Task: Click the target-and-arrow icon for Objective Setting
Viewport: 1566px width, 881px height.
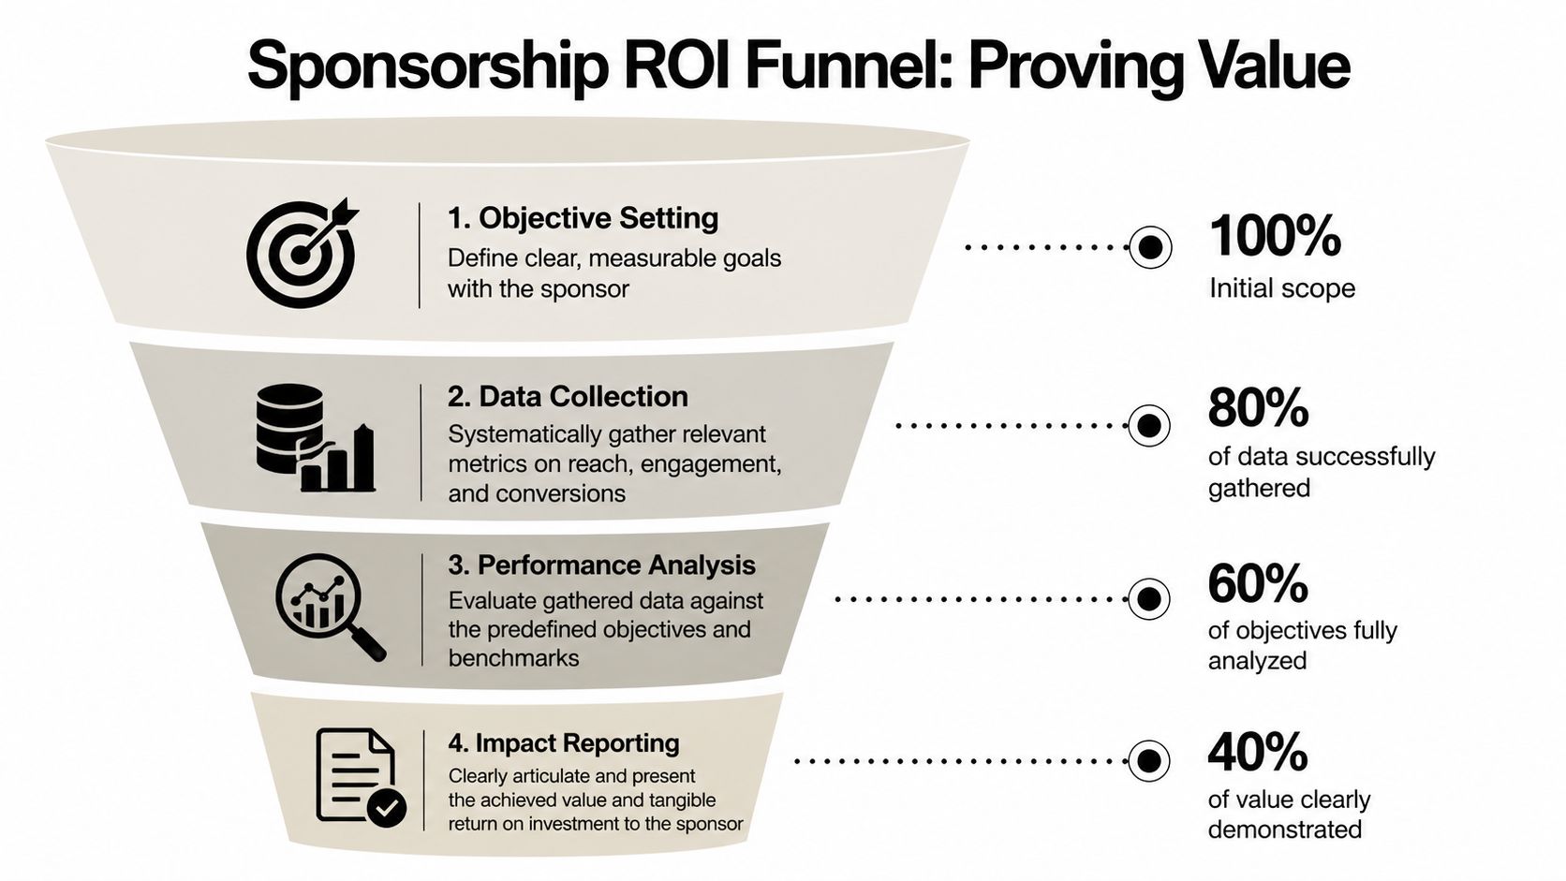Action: click(x=302, y=253)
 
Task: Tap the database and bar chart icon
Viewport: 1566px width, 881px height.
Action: click(x=315, y=438)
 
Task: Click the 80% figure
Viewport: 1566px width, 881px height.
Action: click(x=1258, y=408)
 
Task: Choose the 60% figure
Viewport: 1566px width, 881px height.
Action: click(x=1257, y=583)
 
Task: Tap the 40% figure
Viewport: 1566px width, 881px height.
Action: click(x=1257, y=752)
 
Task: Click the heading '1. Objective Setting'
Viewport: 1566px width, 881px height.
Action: click(x=583, y=218)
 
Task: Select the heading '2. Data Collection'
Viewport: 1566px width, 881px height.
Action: click(x=568, y=396)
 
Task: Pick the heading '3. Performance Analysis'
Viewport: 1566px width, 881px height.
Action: click(x=601, y=565)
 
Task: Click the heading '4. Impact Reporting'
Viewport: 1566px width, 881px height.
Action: click(x=564, y=742)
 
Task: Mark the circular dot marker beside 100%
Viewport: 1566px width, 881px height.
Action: click(x=1150, y=247)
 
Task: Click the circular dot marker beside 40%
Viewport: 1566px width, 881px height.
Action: click(x=1148, y=760)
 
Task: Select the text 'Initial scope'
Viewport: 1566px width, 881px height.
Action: click(x=1281, y=287)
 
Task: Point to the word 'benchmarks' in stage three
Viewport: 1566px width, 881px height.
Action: click(x=513, y=658)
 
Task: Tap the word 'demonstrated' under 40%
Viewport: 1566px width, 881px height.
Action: click(x=1284, y=830)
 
